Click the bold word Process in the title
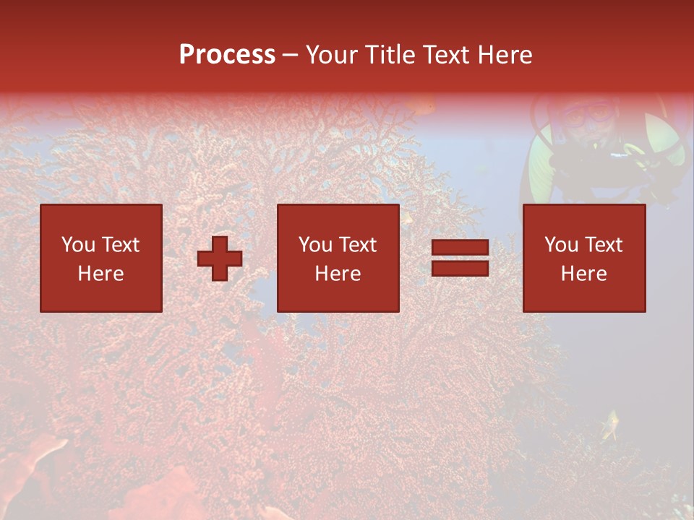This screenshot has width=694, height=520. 227,55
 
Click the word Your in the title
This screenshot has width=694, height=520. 332,55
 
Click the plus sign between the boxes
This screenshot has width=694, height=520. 220,259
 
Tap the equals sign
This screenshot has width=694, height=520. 460,258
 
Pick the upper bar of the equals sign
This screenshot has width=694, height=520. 460,248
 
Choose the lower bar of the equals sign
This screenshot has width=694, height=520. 460,268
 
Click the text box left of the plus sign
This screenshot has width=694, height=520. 101,258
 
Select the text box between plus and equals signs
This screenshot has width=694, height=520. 338,258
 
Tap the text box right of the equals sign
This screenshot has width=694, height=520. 584,258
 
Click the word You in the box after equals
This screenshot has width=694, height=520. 560,245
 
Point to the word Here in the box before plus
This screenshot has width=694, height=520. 100,274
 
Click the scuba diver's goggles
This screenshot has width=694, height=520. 586,114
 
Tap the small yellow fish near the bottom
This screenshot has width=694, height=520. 612,425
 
